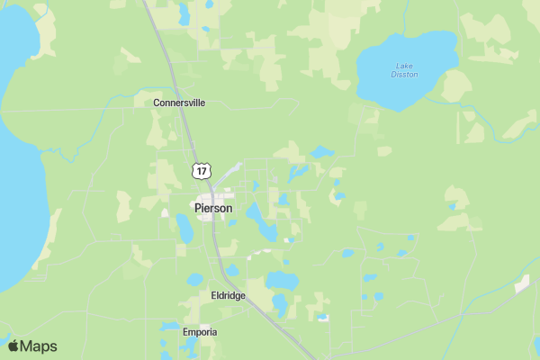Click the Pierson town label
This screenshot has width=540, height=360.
click(213, 208)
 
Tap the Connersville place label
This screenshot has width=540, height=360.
click(179, 103)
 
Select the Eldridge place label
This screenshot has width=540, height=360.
click(228, 295)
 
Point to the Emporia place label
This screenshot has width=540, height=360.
click(200, 332)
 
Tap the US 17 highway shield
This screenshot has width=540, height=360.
click(202, 170)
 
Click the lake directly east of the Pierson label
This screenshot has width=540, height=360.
click(260, 220)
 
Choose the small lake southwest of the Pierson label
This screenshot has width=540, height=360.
click(184, 229)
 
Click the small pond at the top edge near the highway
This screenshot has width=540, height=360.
click(184, 13)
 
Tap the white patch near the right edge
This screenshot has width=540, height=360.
click(522, 283)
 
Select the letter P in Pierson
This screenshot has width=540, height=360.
click(199, 208)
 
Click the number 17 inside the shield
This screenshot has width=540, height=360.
click(202, 170)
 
